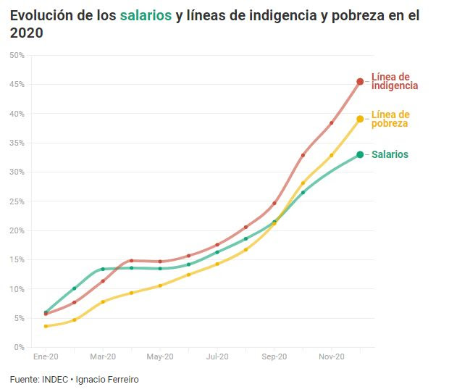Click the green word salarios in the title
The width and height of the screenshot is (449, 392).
pos(146,15)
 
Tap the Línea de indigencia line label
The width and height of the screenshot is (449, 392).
pos(395,80)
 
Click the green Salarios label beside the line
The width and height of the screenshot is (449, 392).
pos(390,154)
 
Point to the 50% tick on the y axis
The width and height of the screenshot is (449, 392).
pos(16,55)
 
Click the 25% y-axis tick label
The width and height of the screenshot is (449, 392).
pos(16,201)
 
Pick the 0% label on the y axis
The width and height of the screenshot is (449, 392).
pos(18,347)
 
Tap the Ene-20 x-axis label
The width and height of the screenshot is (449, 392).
pos(46,357)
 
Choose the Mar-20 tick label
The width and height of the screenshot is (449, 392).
pos(103,357)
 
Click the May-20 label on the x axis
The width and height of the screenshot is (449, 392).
pos(160,357)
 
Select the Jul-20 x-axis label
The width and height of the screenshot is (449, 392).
pos(217,357)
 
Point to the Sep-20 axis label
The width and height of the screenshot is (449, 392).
pos(274,357)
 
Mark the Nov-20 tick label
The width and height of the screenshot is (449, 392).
pos(331,357)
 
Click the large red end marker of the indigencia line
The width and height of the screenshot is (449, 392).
pos(360,81)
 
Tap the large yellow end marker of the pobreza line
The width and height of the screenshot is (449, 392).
pos(360,119)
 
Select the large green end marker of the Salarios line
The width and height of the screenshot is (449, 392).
pos(360,154)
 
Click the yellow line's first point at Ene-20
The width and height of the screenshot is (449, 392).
pos(46,326)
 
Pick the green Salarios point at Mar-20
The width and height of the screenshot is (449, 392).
pos(103,269)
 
